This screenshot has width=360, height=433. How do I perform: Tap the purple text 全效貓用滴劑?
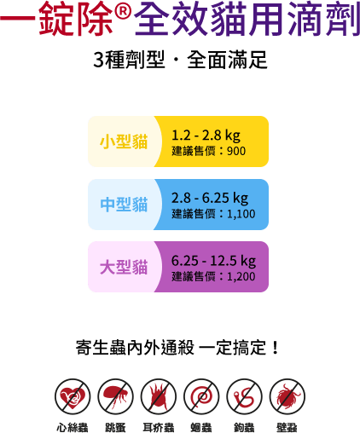[x=247, y=19]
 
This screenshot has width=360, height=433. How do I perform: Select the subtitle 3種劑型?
[x=129, y=60]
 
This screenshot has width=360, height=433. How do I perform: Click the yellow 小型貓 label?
[x=124, y=141]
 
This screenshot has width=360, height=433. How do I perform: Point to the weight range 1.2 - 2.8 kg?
[x=206, y=135]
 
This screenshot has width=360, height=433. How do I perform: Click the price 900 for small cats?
[x=236, y=151]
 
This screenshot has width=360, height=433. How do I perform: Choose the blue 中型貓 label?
[x=124, y=205]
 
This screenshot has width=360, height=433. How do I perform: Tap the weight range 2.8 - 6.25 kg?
[x=210, y=198]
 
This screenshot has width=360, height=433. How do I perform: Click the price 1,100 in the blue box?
[x=241, y=214]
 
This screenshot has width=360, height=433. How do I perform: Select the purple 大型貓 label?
[x=124, y=267]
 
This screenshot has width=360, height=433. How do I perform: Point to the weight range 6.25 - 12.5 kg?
[x=213, y=261]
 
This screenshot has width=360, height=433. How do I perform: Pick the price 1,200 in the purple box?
[x=241, y=276]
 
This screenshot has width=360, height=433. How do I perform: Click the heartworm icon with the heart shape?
[x=73, y=396]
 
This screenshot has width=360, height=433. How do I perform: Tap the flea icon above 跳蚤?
[x=115, y=396]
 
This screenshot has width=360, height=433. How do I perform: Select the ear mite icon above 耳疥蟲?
[x=159, y=396]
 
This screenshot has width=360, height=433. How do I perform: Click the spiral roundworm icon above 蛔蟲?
[x=201, y=396]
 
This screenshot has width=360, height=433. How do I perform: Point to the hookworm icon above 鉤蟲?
[x=244, y=396]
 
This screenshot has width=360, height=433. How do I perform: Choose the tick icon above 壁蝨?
[x=287, y=396]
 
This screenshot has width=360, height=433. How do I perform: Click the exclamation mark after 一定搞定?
[x=275, y=347]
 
